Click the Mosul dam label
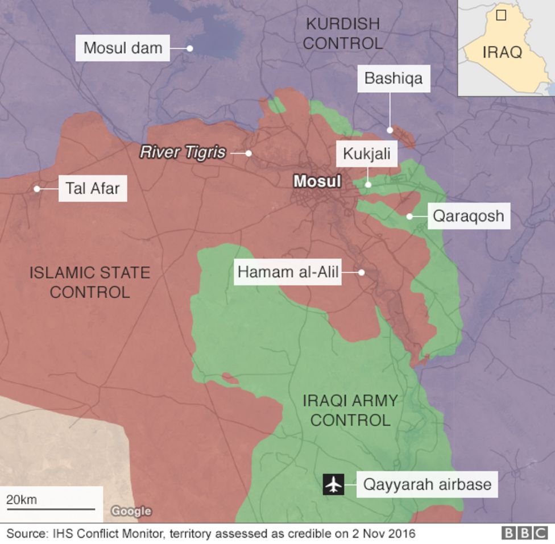(123, 48)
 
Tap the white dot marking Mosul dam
(190, 48)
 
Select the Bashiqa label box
(394, 78)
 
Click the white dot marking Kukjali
(368, 184)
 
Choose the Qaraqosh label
(468, 216)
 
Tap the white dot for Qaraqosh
(409, 217)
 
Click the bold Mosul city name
(317, 181)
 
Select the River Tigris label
(183, 152)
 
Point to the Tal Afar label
(93, 188)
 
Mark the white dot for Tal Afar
(37, 189)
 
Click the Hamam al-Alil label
(288, 272)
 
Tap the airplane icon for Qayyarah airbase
(334, 485)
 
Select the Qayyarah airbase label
(427, 485)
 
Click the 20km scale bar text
(22, 500)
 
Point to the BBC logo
(524, 533)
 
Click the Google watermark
(131, 511)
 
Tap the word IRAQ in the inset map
(502, 52)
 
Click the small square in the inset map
(501, 15)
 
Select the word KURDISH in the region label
(342, 23)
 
